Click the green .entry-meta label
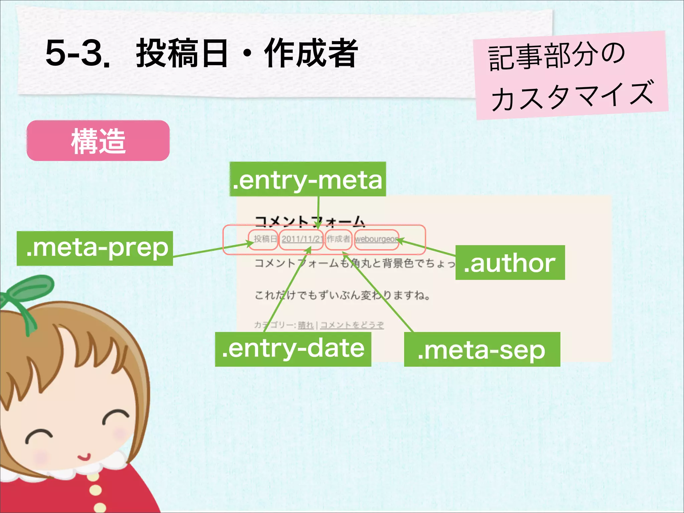click(x=308, y=179)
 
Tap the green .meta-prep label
click(x=95, y=248)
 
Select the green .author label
click(x=510, y=263)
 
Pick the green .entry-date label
click(x=293, y=349)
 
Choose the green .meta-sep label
click(x=482, y=350)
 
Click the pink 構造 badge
click(x=98, y=141)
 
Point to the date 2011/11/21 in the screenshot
click(x=302, y=239)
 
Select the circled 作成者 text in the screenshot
click(x=338, y=239)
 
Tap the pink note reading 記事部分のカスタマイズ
click(x=571, y=75)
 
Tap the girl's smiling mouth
click(x=84, y=457)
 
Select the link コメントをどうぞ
click(x=352, y=325)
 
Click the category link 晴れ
click(x=306, y=325)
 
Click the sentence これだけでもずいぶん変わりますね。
click(x=342, y=295)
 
